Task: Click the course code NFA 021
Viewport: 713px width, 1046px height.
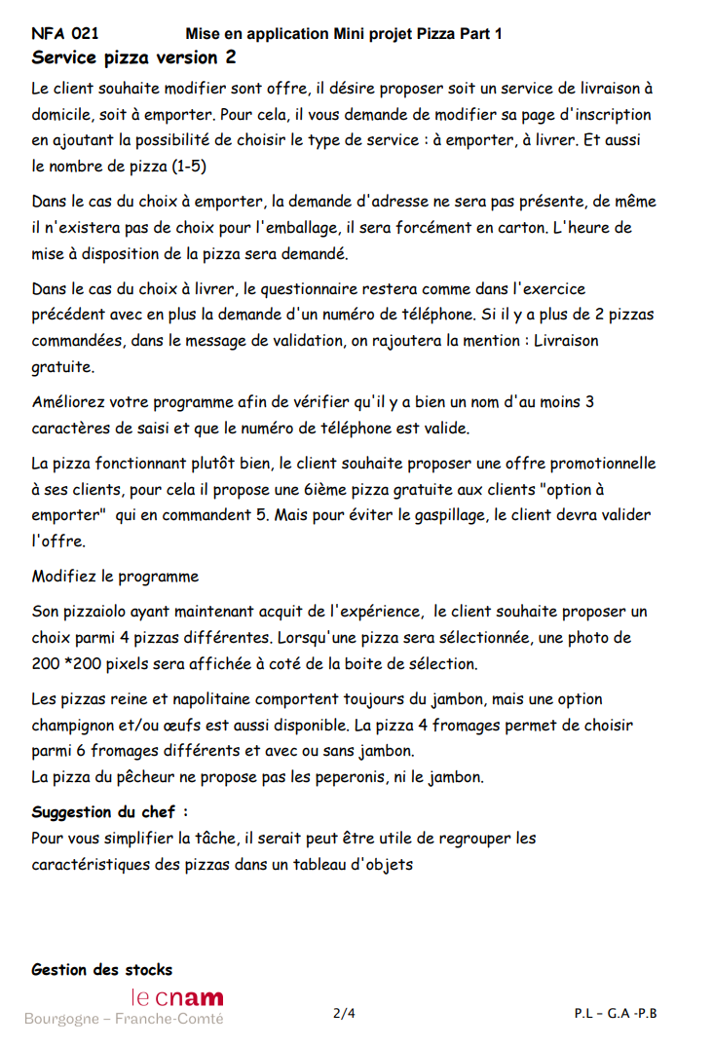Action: tap(65, 34)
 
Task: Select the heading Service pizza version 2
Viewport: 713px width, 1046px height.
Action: tap(133, 57)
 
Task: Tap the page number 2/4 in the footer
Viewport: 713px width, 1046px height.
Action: tap(344, 1013)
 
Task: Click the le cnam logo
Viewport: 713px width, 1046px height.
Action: tap(177, 997)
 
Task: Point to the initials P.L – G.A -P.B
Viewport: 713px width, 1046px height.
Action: tap(616, 1013)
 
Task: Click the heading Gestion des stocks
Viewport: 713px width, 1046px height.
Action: tap(102, 970)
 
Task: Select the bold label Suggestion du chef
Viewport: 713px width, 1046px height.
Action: tap(109, 812)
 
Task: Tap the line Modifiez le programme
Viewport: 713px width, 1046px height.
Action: tap(115, 576)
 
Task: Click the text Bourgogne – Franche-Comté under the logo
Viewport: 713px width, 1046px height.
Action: tap(124, 1019)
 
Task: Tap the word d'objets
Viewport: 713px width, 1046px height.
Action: tap(381, 863)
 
